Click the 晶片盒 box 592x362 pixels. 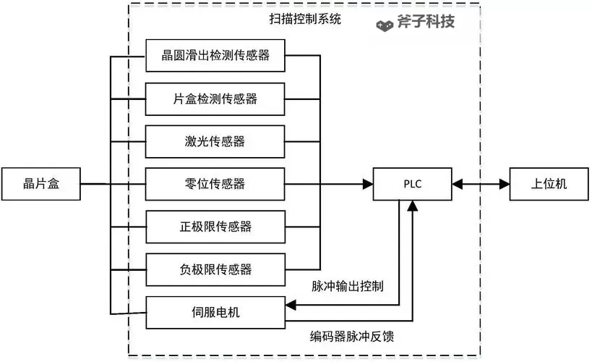coord(40,185)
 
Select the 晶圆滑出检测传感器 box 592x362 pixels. coord(215,56)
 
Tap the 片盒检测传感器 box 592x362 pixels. coord(215,99)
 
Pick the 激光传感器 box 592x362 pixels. coord(215,142)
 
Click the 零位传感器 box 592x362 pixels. coord(215,185)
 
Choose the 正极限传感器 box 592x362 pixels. coord(215,227)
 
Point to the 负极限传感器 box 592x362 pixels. coord(215,270)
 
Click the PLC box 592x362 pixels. coord(412,185)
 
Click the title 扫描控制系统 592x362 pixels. coord(311,20)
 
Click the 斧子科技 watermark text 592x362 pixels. coord(426,22)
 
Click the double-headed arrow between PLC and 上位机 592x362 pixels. coord(481,185)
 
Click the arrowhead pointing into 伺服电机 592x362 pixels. coord(291,305)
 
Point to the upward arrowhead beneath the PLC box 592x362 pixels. coord(412,207)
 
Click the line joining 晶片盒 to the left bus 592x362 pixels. coord(94,185)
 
